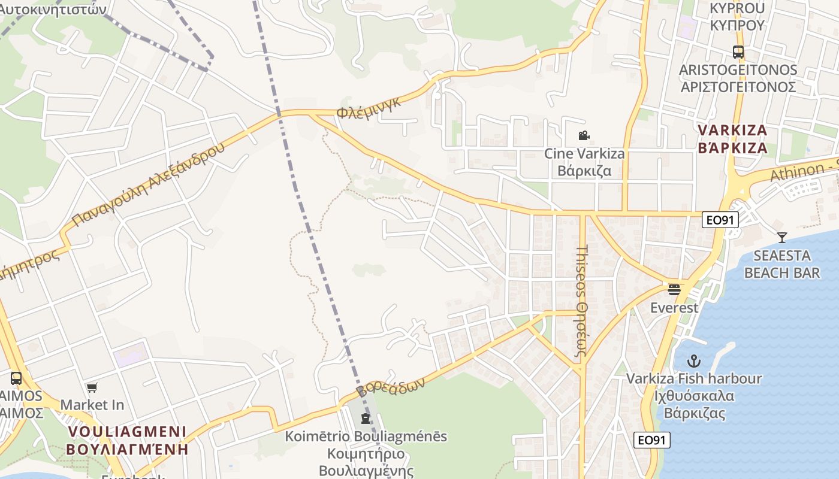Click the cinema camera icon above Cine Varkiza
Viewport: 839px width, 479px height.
(x=584, y=136)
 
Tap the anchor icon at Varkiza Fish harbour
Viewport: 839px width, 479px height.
(x=693, y=361)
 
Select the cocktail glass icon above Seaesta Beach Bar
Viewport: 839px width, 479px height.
(x=781, y=237)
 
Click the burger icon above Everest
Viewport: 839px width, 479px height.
(x=674, y=290)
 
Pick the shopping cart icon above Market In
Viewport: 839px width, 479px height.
(x=92, y=387)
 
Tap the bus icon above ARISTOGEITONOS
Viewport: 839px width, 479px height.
(x=738, y=52)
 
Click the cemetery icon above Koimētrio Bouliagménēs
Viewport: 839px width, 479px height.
(x=366, y=418)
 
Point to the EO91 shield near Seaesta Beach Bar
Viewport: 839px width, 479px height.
(x=720, y=220)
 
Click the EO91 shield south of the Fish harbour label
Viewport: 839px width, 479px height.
(x=651, y=440)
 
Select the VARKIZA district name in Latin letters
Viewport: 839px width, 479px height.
(x=732, y=131)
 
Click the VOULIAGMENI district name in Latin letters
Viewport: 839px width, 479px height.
(x=127, y=432)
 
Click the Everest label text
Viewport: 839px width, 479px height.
(x=674, y=308)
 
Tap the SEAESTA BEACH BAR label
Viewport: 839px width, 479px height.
(x=781, y=264)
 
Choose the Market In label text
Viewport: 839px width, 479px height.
(x=92, y=405)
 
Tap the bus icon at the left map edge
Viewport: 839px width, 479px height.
(x=16, y=378)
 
